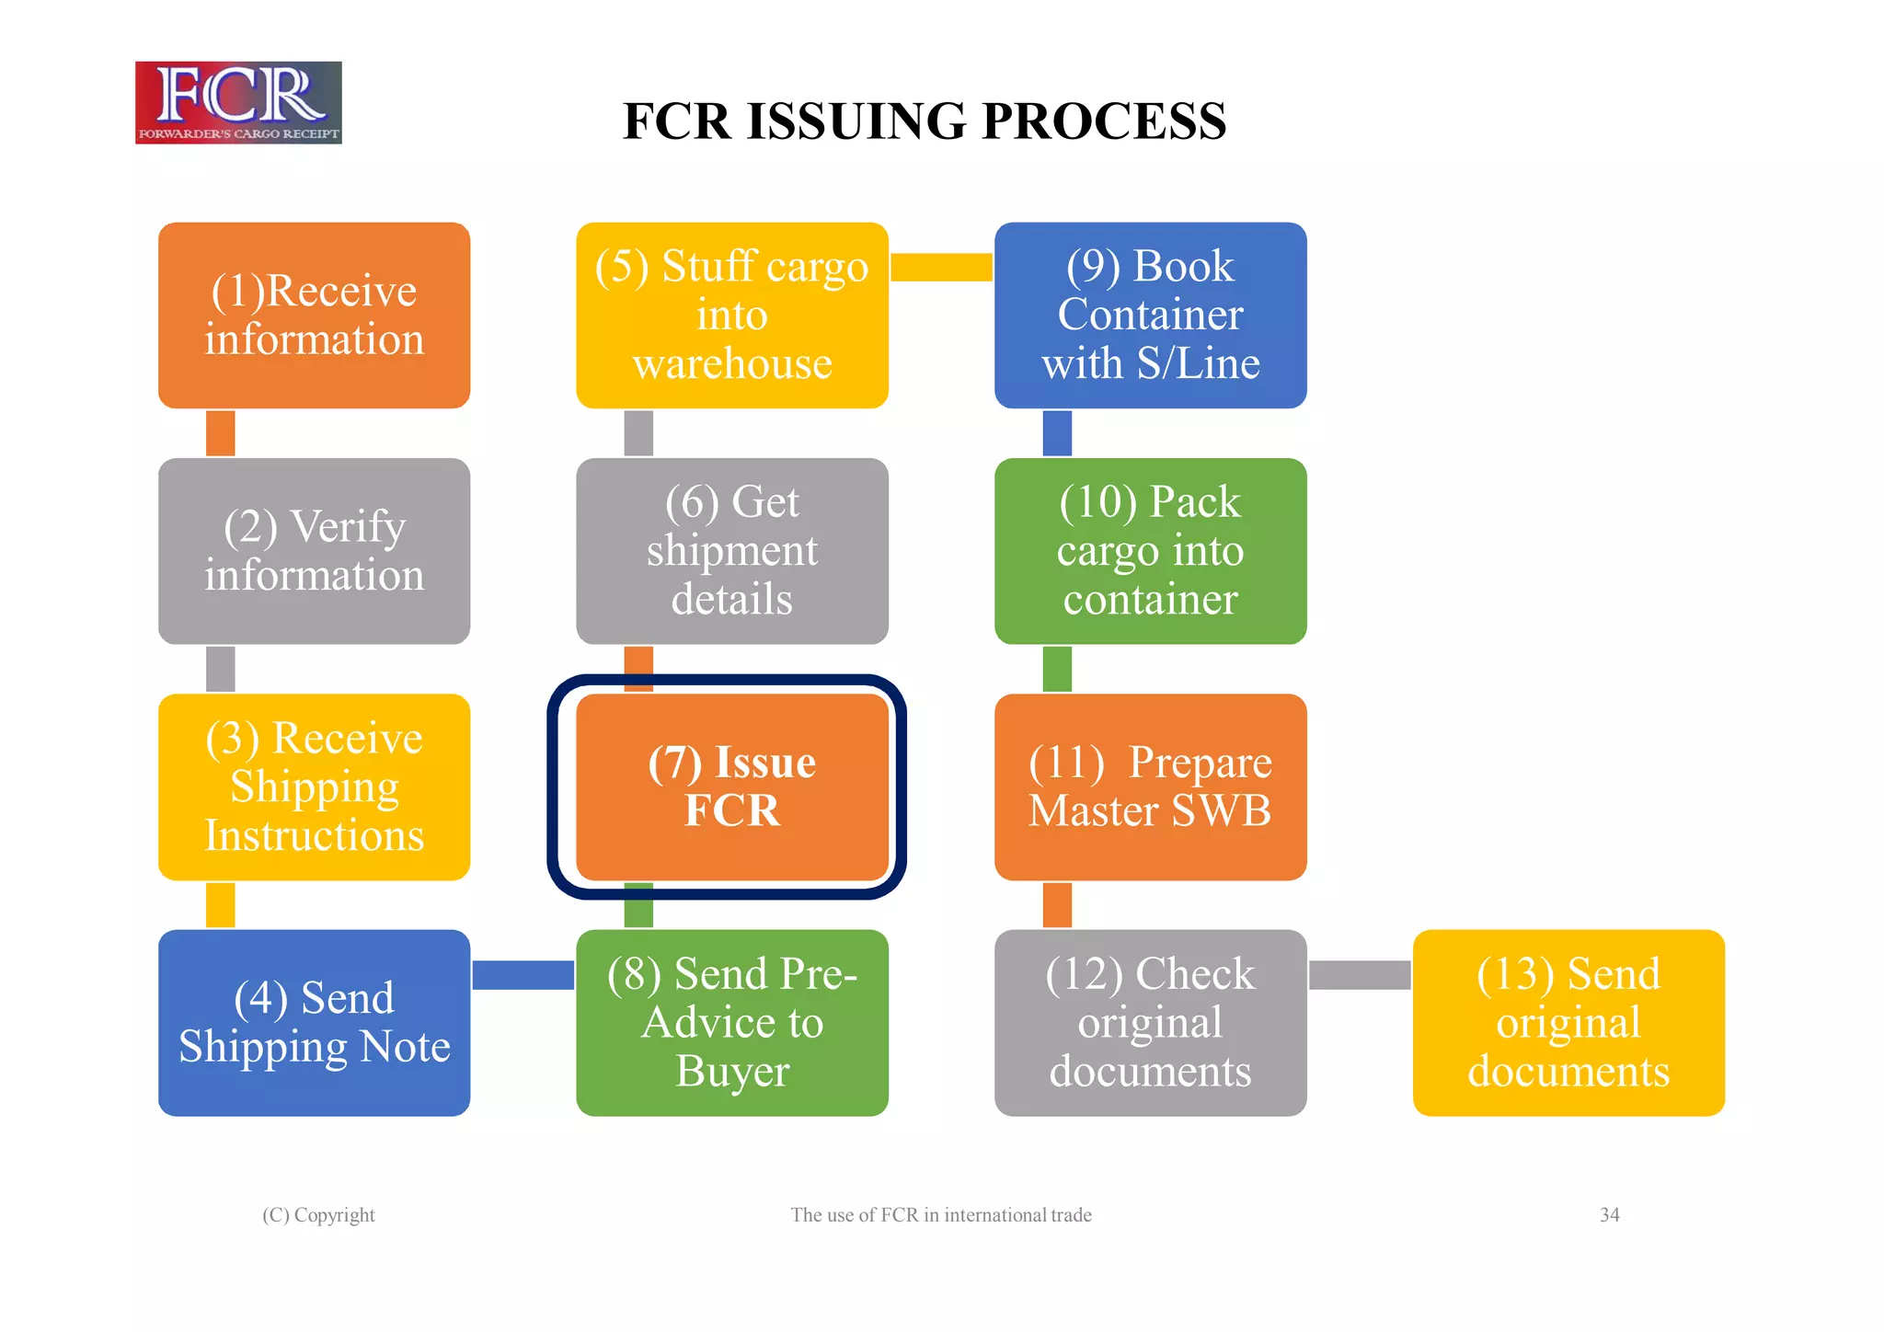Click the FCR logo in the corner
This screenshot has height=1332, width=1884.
click(x=238, y=102)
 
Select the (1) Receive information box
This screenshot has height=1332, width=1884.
click(x=314, y=315)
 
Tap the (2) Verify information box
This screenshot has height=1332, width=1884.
click(x=314, y=550)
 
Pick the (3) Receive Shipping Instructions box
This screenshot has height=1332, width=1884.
click(x=314, y=787)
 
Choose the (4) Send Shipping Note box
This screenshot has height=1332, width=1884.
click(x=314, y=1022)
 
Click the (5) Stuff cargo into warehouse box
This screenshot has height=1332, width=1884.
click(x=731, y=315)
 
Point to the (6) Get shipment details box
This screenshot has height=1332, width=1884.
click(x=731, y=550)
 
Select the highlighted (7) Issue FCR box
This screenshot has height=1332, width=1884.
click(x=731, y=787)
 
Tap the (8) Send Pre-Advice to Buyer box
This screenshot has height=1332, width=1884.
click(x=731, y=1022)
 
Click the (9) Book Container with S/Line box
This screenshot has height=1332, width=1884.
click(x=1150, y=315)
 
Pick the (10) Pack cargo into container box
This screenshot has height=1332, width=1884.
click(x=1150, y=550)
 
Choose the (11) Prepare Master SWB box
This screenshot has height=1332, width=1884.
click(x=1150, y=787)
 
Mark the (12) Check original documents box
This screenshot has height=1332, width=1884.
click(x=1150, y=1022)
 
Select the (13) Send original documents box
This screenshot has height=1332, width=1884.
click(x=1568, y=1022)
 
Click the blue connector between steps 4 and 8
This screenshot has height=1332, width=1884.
click(x=523, y=975)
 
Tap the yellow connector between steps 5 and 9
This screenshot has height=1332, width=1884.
click(x=941, y=267)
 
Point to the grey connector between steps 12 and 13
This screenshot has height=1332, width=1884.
click(x=1360, y=975)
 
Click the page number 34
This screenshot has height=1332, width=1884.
click(x=1609, y=1215)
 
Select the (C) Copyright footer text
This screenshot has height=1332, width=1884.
click(x=318, y=1215)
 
